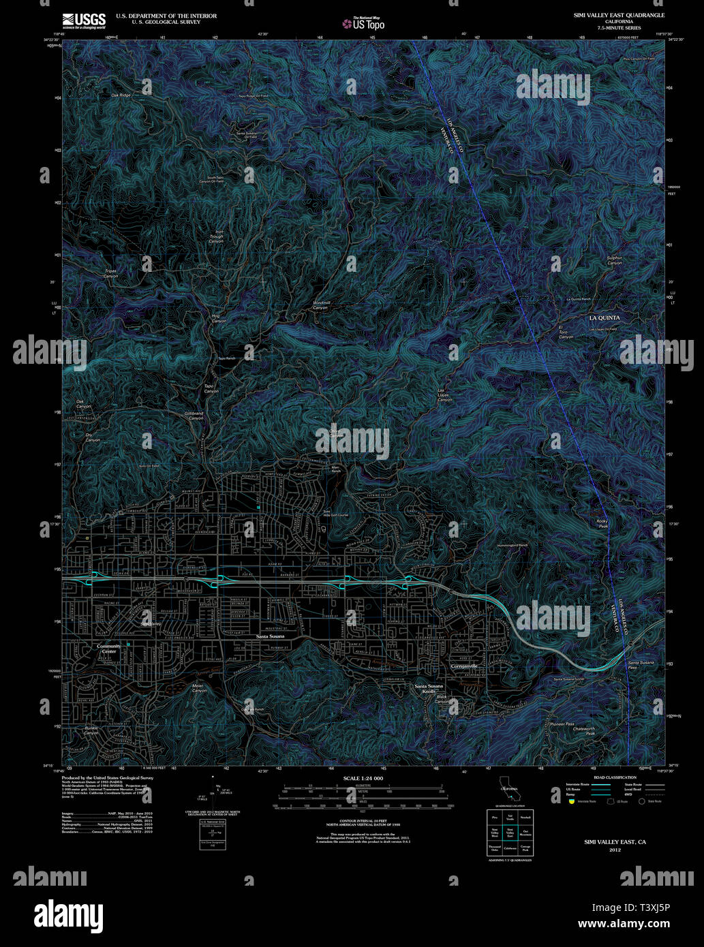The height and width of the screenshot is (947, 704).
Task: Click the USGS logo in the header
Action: coord(83,19)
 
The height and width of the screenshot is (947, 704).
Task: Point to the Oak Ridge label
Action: coord(121,95)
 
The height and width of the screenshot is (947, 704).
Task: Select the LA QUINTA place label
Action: coord(604,318)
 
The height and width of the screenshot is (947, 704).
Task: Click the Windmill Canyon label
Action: coord(320,305)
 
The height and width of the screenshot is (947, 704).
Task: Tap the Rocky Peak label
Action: coord(602,524)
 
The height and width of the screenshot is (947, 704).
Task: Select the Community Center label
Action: coord(108,649)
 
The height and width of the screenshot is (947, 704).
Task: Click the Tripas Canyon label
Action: coord(110,273)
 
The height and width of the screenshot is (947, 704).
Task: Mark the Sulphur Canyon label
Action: coord(615,260)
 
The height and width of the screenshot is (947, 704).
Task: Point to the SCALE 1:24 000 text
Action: coord(363,778)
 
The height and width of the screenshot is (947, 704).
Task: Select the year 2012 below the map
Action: coord(615,850)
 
